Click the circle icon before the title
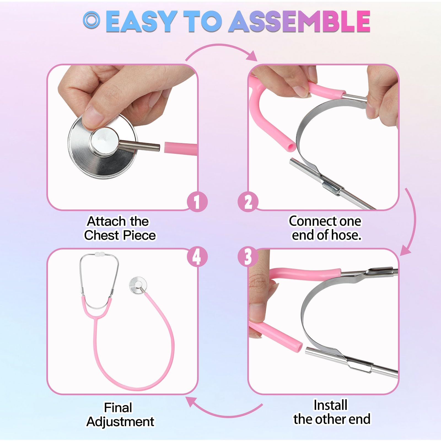(91, 20)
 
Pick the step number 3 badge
(248, 257)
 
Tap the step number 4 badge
(197, 257)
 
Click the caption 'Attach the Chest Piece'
(120, 228)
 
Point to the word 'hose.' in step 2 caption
(346, 235)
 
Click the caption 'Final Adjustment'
(120, 415)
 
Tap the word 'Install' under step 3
(330, 405)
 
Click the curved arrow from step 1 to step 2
(220, 45)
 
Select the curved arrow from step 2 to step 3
(415, 220)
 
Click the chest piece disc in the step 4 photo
(138, 285)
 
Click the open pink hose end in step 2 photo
(291, 146)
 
